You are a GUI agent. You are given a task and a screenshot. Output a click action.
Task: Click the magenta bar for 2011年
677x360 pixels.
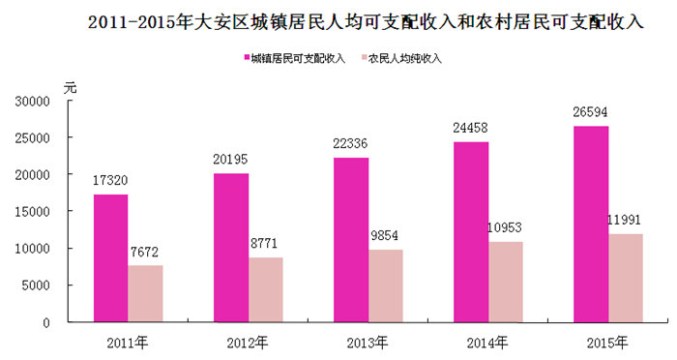[111, 258]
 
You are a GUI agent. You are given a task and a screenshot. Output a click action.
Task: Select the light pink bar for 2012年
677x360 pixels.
[266, 289]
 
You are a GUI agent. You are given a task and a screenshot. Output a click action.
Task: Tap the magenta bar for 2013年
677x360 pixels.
[351, 240]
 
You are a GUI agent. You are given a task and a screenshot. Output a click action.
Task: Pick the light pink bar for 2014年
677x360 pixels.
[506, 282]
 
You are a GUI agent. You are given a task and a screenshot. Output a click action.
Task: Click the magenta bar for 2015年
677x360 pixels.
[591, 224]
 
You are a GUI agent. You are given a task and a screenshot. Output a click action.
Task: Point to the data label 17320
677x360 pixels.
[110, 180]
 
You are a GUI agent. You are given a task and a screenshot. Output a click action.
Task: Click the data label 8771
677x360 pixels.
[264, 243]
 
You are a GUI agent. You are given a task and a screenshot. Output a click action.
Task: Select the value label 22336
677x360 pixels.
[350, 143]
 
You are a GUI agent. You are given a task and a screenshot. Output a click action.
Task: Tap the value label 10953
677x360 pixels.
[504, 227]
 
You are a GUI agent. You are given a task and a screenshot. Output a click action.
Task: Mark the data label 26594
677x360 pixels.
[590, 112]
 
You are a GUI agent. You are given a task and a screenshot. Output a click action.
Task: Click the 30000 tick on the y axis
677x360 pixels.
[32, 102]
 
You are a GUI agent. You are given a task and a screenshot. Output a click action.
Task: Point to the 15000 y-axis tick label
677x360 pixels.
[32, 212]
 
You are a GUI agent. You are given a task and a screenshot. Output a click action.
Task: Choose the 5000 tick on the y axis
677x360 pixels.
[36, 285]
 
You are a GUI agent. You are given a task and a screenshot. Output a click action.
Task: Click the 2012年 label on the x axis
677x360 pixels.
[248, 343]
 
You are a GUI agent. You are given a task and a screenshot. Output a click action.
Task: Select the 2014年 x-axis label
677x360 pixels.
[487, 343]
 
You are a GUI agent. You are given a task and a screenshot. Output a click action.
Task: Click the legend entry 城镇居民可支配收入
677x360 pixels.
[295, 58]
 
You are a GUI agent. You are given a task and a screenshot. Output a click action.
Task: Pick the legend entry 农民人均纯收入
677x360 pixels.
[401, 58]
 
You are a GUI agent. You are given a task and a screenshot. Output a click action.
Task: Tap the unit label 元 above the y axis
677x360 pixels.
[70, 88]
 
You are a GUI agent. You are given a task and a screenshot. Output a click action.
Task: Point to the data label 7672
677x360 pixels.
[144, 252]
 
